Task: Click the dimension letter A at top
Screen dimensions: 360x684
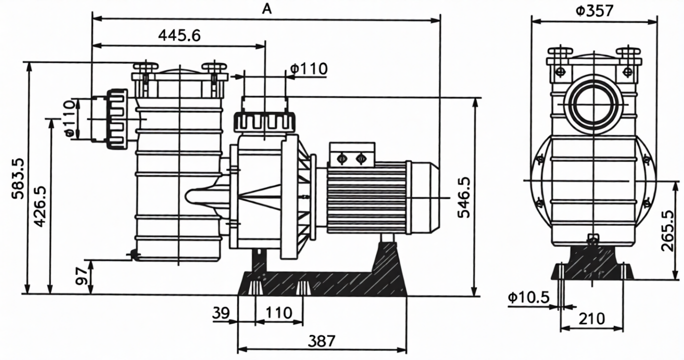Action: [x=267, y=8]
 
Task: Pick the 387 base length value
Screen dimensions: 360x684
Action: [x=321, y=341]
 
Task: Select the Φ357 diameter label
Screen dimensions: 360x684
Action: [x=593, y=10]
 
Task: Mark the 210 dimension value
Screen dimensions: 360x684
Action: [x=591, y=318]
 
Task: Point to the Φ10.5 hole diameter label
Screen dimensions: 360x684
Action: [x=528, y=298]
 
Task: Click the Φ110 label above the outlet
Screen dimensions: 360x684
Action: [x=308, y=69]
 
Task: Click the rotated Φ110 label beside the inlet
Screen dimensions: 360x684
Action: [x=70, y=118]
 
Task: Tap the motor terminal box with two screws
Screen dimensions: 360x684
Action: [x=351, y=154]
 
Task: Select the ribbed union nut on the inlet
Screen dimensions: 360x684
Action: [x=117, y=119]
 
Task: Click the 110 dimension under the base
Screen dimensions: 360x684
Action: [x=279, y=313]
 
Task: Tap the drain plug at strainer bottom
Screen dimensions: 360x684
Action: [x=133, y=255]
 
